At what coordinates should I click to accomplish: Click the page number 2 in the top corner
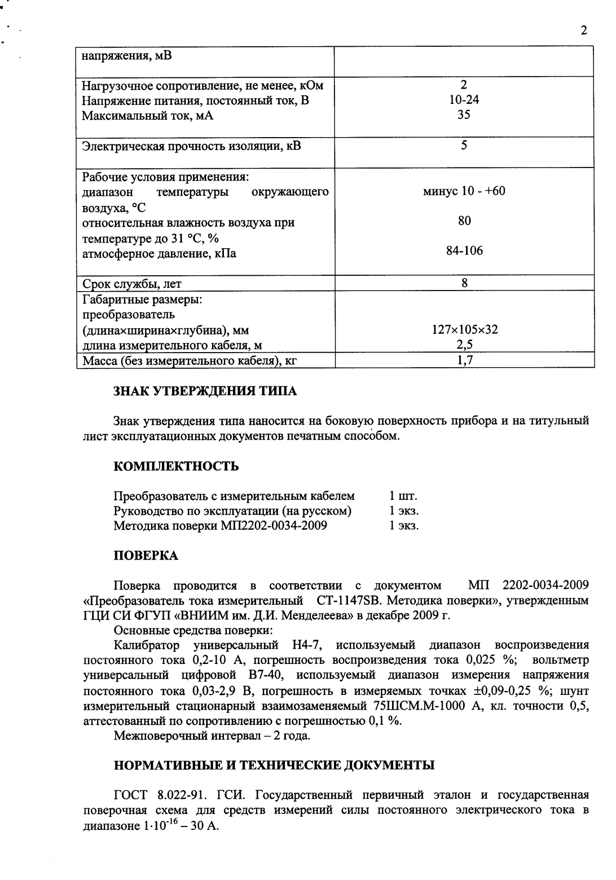pyautogui.click(x=583, y=30)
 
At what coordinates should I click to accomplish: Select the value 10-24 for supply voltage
pyautogui.click(x=464, y=100)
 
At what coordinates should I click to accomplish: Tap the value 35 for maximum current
pyautogui.click(x=464, y=115)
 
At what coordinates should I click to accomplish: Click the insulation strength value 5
pyautogui.click(x=464, y=146)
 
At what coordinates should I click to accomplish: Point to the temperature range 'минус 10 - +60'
pyautogui.click(x=464, y=191)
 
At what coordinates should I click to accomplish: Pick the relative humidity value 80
pyautogui.click(x=464, y=221)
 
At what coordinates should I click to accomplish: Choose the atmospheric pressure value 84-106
pyautogui.click(x=464, y=251)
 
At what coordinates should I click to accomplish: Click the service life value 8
pyautogui.click(x=464, y=283)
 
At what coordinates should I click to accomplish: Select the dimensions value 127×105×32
pyautogui.click(x=464, y=329)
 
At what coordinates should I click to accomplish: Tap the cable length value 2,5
pyautogui.click(x=464, y=345)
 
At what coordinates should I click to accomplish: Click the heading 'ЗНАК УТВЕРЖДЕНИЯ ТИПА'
pyautogui.click(x=205, y=391)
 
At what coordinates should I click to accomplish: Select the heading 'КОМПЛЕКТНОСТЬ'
pyautogui.click(x=176, y=467)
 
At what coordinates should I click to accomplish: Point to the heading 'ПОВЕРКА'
pyautogui.click(x=146, y=556)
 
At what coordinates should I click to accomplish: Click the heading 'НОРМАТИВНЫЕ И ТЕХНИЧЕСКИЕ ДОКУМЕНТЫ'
pyautogui.click(x=274, y=765)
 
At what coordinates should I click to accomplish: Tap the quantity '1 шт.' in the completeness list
pyautogui.click(x=403, y=496)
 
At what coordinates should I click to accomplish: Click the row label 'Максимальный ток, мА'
pyautogui.click(x=148, y=116)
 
